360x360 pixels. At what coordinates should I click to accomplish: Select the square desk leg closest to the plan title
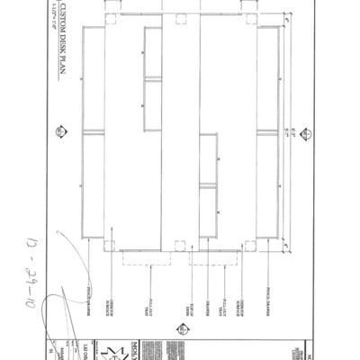pos(109,18)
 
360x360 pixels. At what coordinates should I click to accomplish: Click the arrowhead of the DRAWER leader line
pos(199,244)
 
